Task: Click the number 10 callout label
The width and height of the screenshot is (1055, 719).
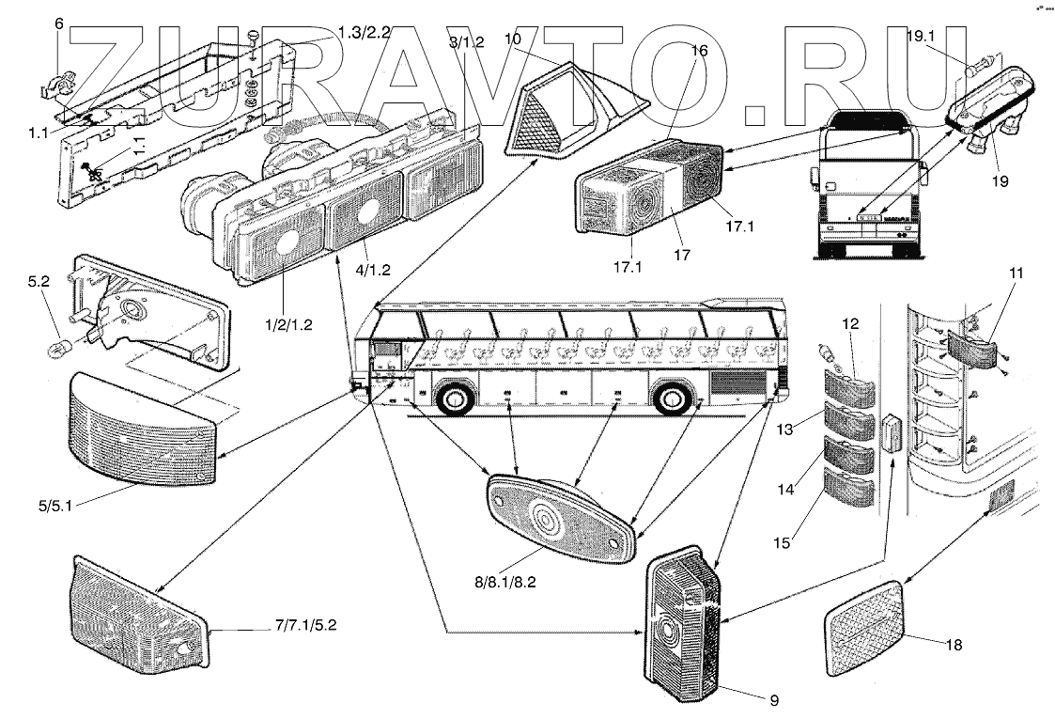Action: coord(512,40)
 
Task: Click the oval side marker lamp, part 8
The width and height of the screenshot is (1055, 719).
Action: coord(560,517)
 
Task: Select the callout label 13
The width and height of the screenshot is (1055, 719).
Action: coord(785,430)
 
